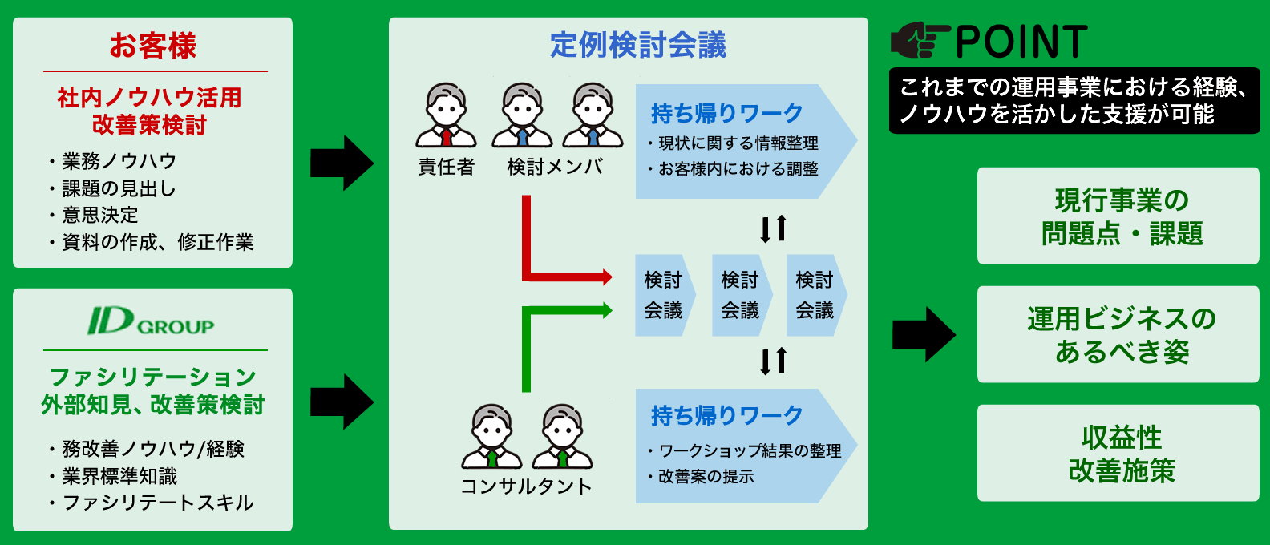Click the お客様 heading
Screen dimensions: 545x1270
point(153,46)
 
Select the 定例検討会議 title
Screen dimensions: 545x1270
point(638,45)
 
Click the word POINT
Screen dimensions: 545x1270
point(1021,42)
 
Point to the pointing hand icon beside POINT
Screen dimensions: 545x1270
point(920,41)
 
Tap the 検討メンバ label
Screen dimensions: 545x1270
point(555,167)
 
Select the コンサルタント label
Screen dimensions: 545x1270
point(526,486)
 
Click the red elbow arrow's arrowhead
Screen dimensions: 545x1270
point(605,277)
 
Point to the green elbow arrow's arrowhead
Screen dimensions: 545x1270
point(605,310)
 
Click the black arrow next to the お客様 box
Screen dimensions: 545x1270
point(342,163)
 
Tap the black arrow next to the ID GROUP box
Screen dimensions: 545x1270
point(342,402)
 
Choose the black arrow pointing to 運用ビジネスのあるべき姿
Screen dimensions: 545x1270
point(924,334)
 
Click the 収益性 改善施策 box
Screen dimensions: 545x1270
point(1121,454)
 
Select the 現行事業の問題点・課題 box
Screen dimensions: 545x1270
point(1121,216)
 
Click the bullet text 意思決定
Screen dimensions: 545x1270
point(100,215)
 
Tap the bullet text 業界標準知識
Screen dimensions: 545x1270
point(119,476)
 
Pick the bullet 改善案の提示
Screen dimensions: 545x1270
point(706,477)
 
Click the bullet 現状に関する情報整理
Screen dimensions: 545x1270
point(738,143)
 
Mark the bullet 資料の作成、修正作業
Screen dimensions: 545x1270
point(158,242)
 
